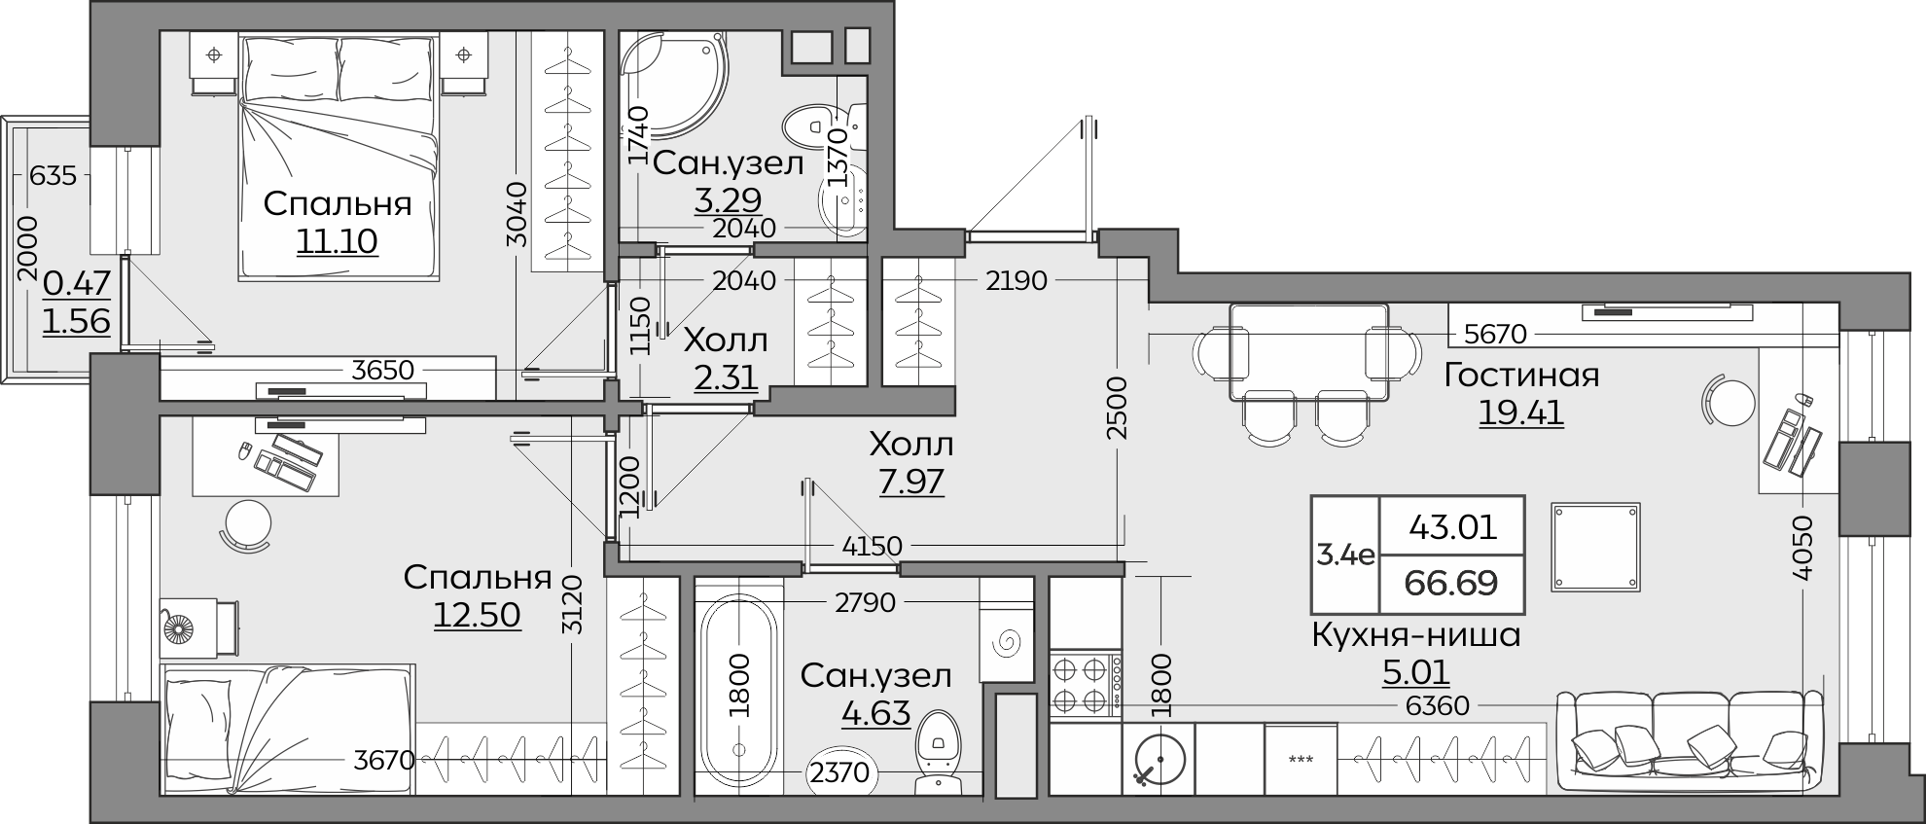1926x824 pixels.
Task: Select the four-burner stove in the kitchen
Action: tap(1086, 685)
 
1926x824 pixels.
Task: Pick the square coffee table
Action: tap(1595, 547)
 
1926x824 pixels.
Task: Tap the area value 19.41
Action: tap(1521, 412)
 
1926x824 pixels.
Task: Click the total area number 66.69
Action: tap(1451, 583)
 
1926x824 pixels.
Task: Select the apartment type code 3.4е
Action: tap(1345, 555)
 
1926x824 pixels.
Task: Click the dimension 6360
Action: tap(1438, 705)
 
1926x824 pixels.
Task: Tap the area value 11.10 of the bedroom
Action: tap(338, 240)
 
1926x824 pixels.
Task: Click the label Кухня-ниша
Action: tap(1416, 635)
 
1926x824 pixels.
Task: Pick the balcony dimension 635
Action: tap(53, 176)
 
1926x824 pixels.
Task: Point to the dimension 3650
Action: tap(383, 371)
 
